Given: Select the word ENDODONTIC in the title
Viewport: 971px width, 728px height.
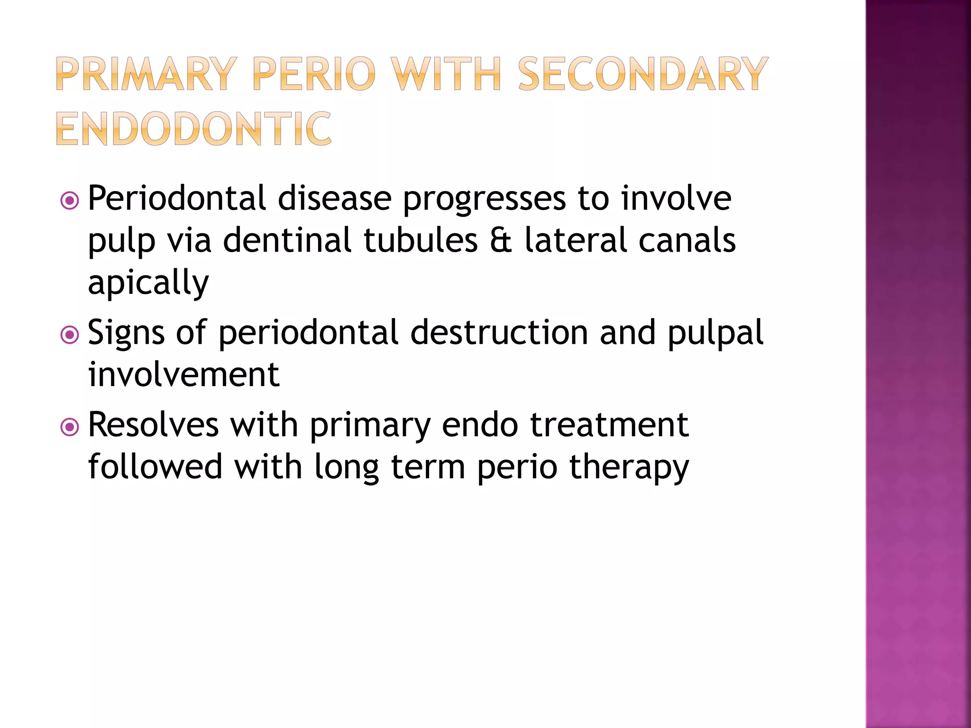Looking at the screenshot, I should [193, 129].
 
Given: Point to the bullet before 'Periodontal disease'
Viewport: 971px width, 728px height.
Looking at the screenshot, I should [70, 201].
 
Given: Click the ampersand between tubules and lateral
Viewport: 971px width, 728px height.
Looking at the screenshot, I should [501, 240].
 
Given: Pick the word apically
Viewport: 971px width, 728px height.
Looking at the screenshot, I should [148, 283].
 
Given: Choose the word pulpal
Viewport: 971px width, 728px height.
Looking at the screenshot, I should [715, 334].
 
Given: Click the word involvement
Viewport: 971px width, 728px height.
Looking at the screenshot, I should [184, 374].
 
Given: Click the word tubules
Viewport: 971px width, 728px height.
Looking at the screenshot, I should [421, 240].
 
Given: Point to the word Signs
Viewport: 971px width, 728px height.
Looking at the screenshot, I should [126, 334].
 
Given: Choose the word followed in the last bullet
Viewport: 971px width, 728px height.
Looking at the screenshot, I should [155, 466].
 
